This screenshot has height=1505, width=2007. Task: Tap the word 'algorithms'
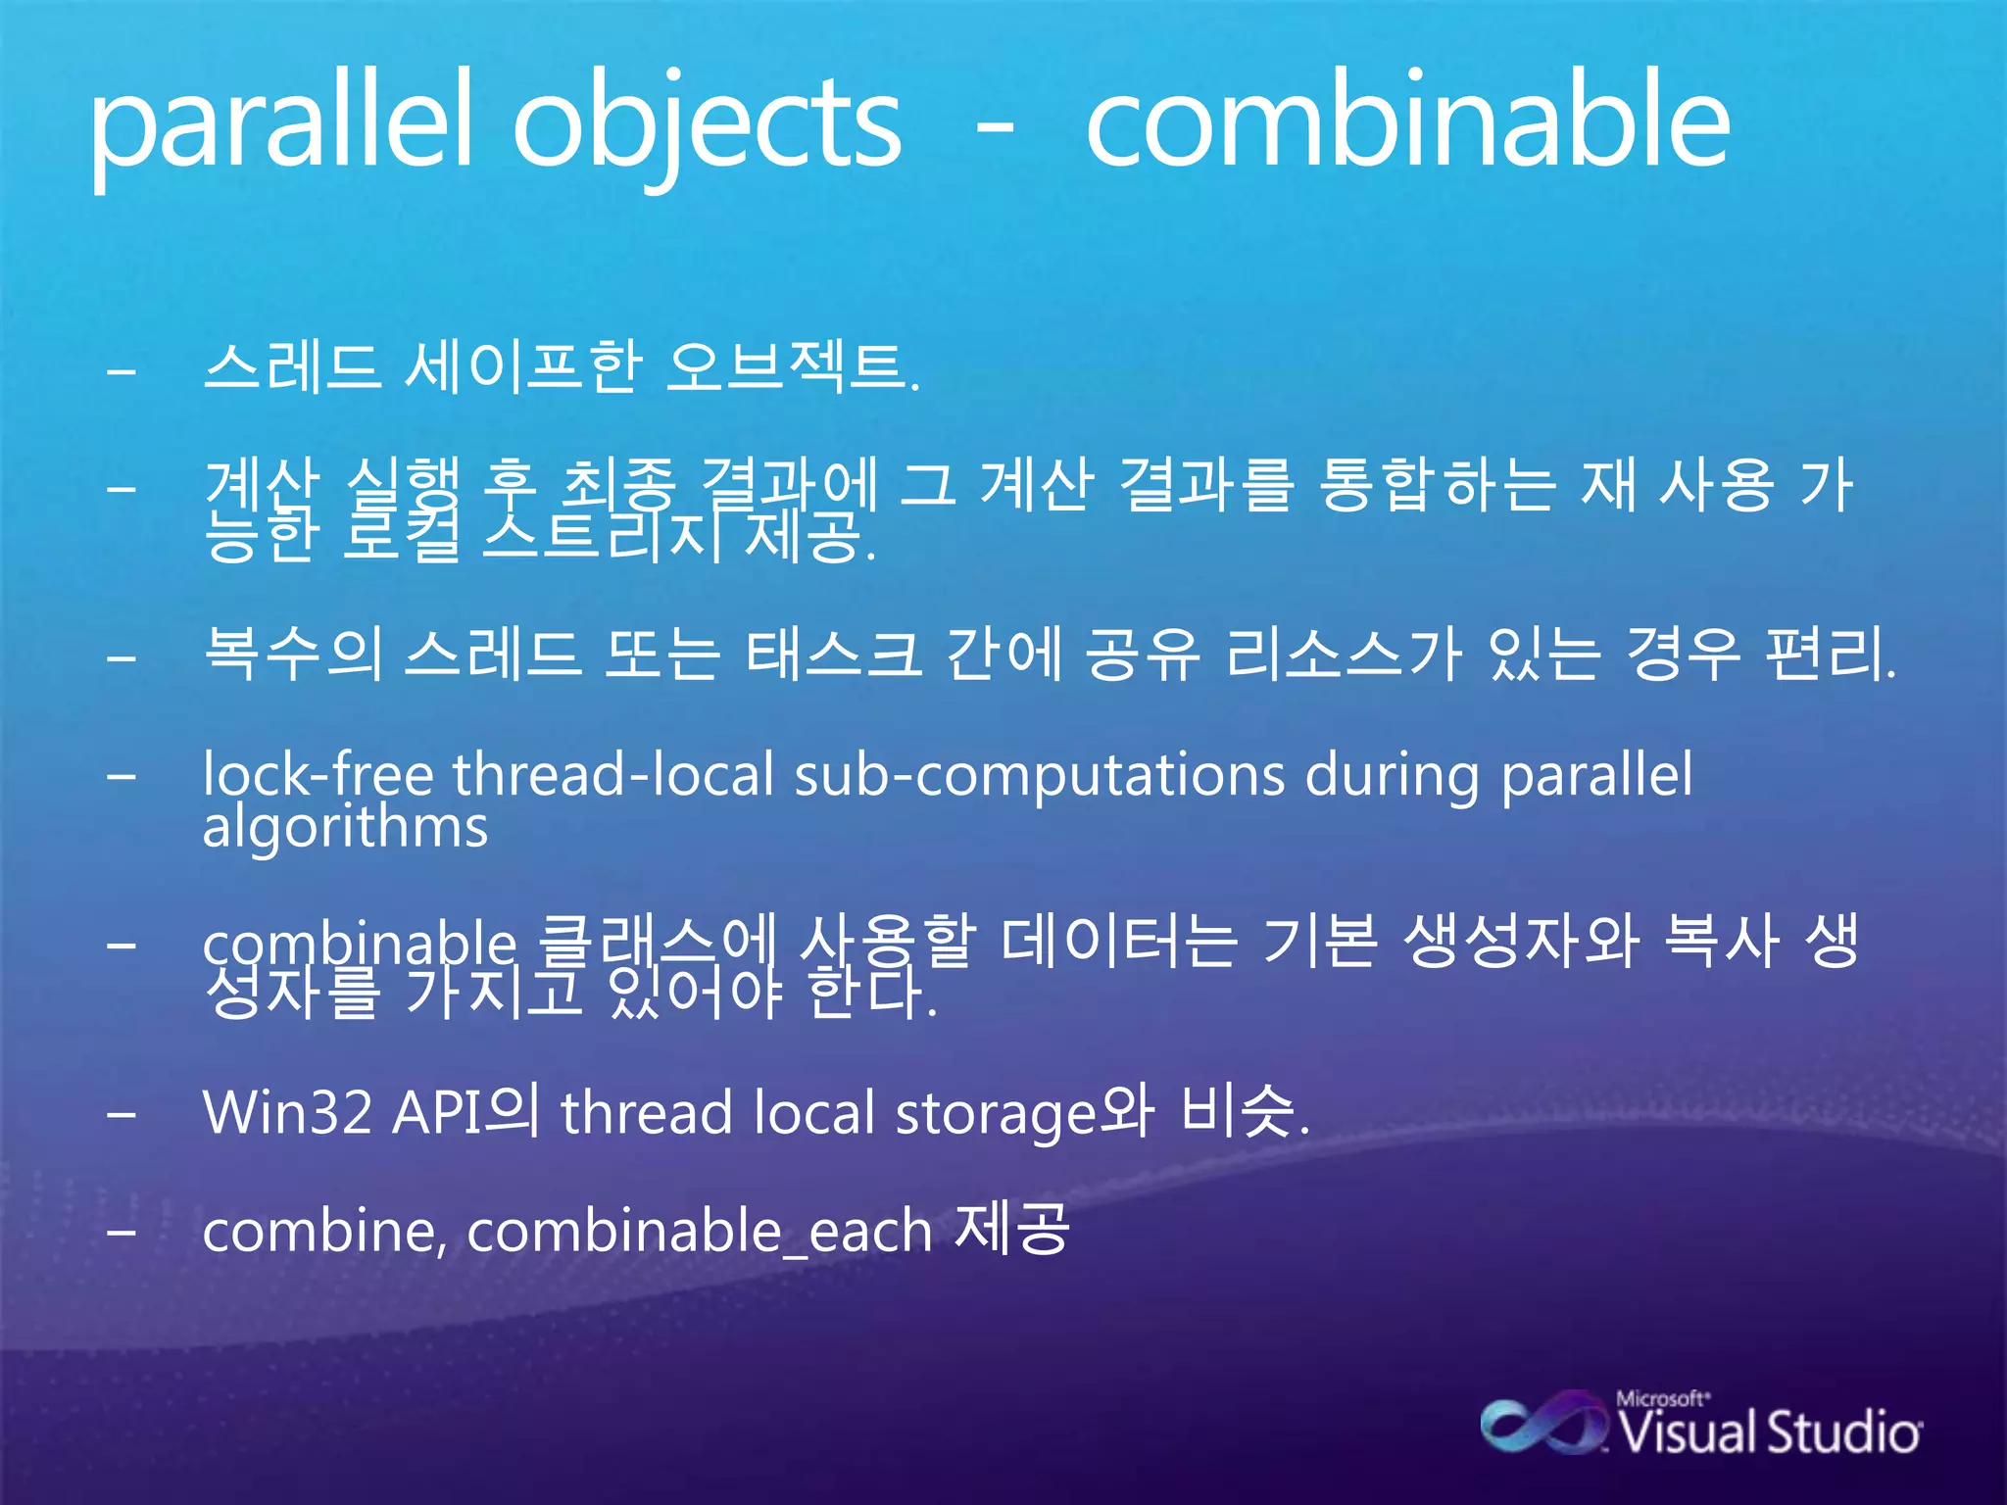point(345,829)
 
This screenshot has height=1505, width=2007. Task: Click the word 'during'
point(1392,776)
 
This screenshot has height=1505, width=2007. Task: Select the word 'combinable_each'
point(699,1231)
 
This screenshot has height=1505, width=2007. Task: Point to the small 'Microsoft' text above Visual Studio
point(1662,1399)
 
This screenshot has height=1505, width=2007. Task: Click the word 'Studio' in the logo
point(1842,1432)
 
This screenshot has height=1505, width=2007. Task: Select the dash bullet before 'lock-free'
point(122,776)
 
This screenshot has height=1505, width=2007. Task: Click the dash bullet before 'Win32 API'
point(122,1115)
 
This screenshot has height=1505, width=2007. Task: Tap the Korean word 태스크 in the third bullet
point(833,655)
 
